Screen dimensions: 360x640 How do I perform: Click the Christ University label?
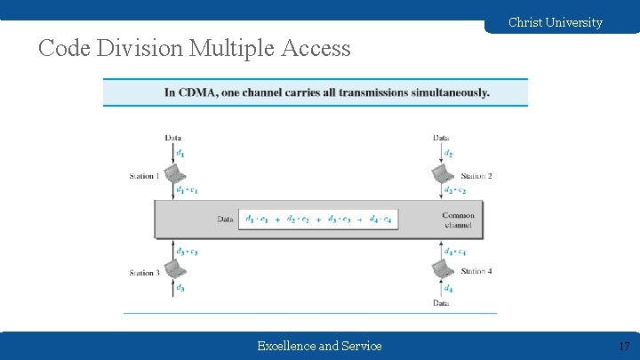555,22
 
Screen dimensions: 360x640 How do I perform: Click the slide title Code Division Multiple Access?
195,48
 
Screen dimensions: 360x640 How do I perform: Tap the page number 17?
623,346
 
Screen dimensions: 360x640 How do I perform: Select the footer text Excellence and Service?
319,346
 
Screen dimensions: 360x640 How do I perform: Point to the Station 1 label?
144,176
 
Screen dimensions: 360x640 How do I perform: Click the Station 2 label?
476,176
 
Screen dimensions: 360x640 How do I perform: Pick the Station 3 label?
144,273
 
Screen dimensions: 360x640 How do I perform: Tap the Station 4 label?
476,271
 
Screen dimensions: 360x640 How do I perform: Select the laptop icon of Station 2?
442,172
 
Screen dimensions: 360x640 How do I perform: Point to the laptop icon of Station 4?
442,269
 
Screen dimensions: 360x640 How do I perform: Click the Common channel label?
458,220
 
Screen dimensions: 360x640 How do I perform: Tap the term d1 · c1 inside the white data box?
259,219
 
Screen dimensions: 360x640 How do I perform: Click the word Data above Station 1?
174,138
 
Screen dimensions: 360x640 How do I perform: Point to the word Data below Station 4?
441,303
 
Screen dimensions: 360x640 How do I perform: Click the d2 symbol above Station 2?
448,154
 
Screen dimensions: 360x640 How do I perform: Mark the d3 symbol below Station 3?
180,288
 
